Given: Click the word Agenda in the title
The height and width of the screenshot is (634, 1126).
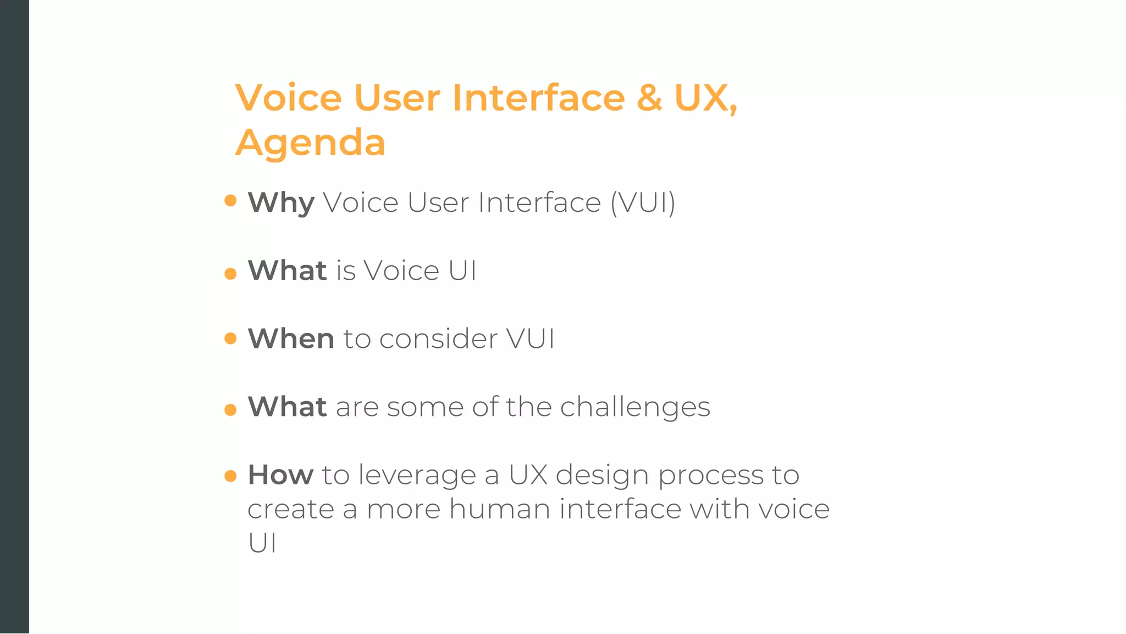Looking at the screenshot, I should [310, 143].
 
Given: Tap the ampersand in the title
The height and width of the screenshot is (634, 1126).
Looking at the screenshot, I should [649, 98].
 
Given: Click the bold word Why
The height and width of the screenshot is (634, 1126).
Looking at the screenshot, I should [281, 203].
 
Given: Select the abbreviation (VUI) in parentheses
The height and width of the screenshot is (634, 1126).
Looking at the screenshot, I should [643, 203].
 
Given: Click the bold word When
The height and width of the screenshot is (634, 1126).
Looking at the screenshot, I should [291, 338].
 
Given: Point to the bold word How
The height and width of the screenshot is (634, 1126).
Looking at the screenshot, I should [280, 474].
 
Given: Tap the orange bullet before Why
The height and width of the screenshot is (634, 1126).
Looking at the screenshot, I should [230, 200].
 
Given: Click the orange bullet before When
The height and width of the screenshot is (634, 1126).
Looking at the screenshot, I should [230, 338].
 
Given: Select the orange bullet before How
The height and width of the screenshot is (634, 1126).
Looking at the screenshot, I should [230, 475].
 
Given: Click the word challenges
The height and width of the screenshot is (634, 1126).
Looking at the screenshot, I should [635, 407].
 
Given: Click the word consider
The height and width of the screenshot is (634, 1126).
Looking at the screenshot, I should [438, 338].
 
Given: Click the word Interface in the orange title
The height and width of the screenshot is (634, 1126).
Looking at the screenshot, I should [538, 98].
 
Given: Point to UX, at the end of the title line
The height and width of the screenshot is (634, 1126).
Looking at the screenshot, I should [705, 98].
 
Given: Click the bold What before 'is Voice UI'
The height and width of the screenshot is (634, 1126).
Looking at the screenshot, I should [287, 271].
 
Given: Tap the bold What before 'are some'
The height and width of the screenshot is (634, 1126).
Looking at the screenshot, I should [287, 407].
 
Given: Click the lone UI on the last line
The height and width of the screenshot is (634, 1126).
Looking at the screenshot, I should [262, 543].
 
